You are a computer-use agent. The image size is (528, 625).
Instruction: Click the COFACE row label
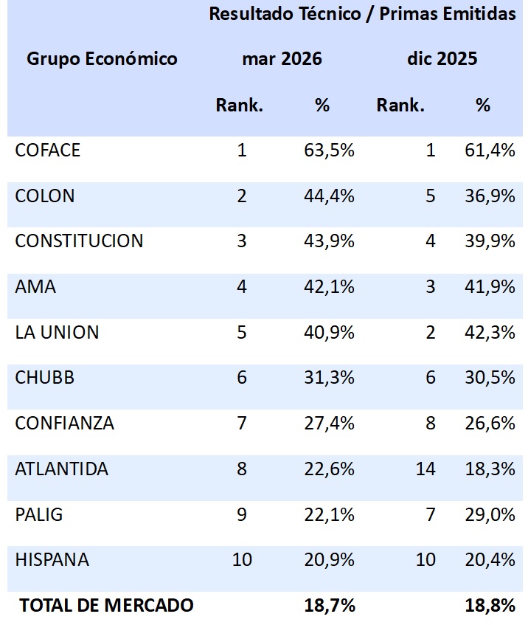[47, 151]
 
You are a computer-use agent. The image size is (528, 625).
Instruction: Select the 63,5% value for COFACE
[329, 151]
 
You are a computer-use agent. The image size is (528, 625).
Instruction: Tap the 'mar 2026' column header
[282, 59]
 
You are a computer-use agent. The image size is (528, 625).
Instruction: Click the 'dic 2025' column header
[442, 59]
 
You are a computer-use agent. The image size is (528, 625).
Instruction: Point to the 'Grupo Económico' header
[102, 59]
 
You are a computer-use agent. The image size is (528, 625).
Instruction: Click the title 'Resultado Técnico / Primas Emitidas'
[362, 14]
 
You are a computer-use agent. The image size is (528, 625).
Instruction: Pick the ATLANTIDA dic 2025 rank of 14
[425, 469]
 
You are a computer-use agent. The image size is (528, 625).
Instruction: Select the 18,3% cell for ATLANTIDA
[490, 469]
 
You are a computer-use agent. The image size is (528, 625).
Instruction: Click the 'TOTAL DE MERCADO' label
[106, 606]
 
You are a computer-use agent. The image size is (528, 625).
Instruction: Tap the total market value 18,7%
[329, 606]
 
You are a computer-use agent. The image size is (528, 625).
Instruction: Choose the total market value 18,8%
[490, 606]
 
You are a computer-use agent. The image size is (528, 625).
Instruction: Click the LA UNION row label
[57, 332]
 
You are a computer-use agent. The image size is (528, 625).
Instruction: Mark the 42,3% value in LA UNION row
[490, 332]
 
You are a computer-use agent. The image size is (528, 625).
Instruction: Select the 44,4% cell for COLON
[329, 196]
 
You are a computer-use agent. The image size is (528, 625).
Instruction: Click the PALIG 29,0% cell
[490, 514]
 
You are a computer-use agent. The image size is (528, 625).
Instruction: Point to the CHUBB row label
[44, 378]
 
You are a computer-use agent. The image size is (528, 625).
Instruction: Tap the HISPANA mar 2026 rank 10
[242, 560]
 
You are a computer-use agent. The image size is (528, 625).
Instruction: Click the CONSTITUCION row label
[79, 241]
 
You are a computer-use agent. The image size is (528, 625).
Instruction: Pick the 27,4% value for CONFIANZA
[329, 424]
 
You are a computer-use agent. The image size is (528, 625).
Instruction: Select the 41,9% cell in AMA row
[490, 287]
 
